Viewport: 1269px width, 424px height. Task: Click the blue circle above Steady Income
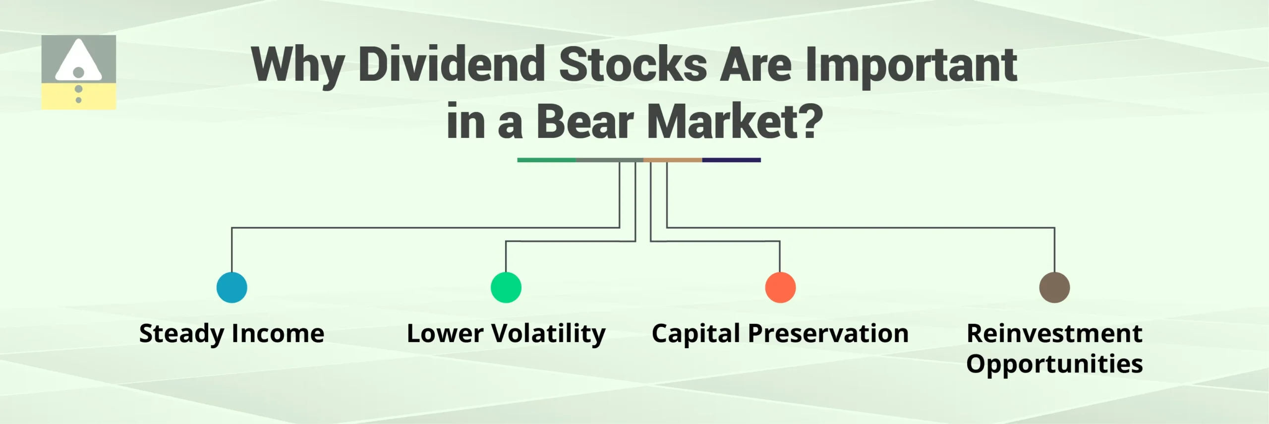231,287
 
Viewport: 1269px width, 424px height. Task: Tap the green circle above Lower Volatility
506,287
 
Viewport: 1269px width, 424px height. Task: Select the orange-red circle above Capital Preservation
780,287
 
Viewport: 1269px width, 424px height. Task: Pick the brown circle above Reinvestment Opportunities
1054,287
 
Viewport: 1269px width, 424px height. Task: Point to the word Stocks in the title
633,64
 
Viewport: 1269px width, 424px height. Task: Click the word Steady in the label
181,334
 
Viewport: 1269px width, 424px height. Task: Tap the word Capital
696,334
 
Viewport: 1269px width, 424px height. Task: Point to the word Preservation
828,333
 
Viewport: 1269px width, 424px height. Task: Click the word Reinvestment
1054,333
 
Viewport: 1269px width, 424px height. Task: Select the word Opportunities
1054,364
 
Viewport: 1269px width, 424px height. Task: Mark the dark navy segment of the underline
731,160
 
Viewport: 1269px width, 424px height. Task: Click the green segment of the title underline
546,160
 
